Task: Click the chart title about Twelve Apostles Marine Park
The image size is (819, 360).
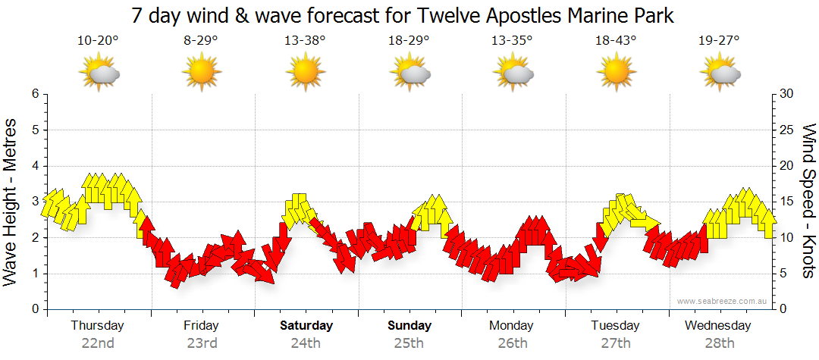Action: click(x=403, y=15)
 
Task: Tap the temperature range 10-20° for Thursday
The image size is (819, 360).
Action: click(x=98, y=41)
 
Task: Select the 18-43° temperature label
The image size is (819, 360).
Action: click(x=616, y=41)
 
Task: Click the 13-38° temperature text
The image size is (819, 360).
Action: click(x=305, y=41)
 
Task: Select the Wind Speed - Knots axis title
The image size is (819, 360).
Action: click(x=808, y=201)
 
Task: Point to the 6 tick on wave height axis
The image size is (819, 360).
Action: click(x=34, y=94)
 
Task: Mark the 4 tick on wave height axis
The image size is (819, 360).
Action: click(x=34, y=166)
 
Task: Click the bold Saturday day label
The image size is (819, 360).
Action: click(x=306, y=326)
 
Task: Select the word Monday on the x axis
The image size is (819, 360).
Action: click(x=512, y=326)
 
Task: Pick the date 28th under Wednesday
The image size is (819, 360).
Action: click(x=719, y=343)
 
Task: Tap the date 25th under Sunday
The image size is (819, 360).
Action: click(x=409, y=343)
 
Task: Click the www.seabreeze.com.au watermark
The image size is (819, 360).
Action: click(x=723, y=301)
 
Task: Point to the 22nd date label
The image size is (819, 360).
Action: click(x=98, y=343)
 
